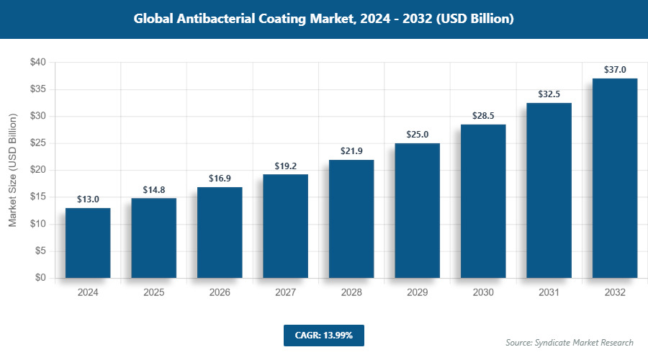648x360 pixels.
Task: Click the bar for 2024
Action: (x=88, y=243)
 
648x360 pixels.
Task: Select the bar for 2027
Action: (x=285, y=226)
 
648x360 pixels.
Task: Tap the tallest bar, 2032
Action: (x=614, y=178)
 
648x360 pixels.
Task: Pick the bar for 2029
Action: (x=417, y=210)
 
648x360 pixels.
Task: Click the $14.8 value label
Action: (x=153, y=190)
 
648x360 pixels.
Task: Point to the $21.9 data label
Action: (x=351, y=151)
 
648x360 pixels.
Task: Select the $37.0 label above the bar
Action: (x=614, y=70)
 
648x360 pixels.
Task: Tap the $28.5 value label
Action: (x=482, y=116)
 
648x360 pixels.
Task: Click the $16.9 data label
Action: (x=220, y=179)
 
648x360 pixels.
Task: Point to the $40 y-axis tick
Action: (x=38, y=63)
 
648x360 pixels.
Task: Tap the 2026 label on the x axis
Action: (x=220, y=293)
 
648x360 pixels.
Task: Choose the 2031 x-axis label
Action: (x=549, y=293)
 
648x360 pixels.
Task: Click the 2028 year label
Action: (x=351, y=293)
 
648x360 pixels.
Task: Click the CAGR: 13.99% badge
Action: (x=323, y=336)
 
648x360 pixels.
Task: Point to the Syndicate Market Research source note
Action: (x=570, y=342)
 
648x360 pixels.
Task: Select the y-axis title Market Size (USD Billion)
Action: (x=12, y=170)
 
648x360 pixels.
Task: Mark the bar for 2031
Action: (x=549, y=190)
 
